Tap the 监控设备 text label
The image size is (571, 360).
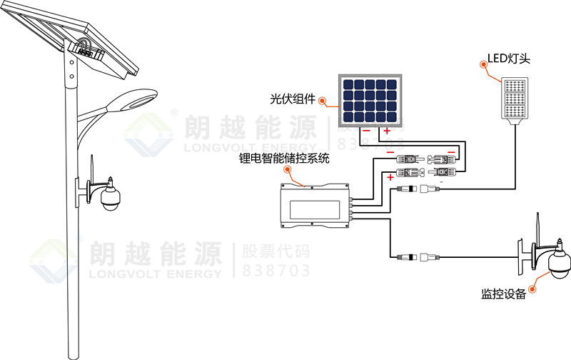[503, 294]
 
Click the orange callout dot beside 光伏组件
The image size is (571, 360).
[323, 101]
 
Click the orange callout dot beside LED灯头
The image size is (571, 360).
[485, 62]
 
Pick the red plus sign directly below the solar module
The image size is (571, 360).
[388, 131]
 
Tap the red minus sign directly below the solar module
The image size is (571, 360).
[365, 131]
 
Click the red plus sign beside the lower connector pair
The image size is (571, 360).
[390, 176]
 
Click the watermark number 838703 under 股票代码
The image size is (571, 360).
[267, 271]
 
